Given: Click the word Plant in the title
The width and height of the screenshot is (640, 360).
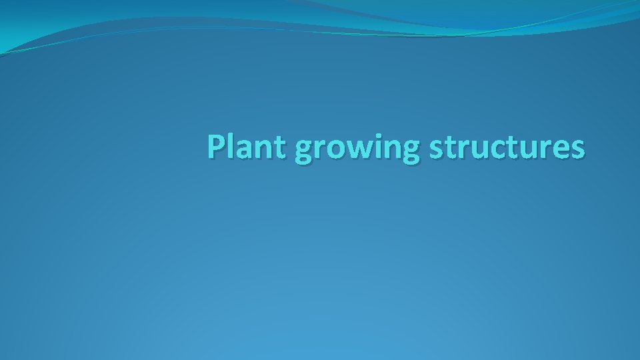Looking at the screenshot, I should pos(247,148).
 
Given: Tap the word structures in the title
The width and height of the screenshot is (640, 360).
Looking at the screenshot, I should pos(507,148).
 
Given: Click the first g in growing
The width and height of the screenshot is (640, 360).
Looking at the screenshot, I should pos(303,153).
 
